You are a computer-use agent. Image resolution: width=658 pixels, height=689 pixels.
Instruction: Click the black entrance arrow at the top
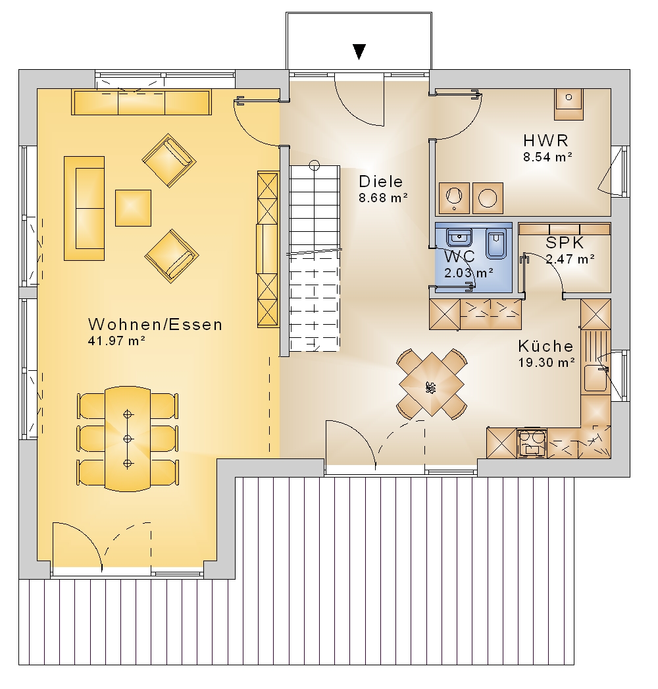[359, 52]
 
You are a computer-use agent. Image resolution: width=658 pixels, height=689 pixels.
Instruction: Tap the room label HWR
[546, 140]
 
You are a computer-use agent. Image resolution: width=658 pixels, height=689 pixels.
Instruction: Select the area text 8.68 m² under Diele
[383, 198]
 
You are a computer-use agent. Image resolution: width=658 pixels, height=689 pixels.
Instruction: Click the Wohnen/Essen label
[155, 324]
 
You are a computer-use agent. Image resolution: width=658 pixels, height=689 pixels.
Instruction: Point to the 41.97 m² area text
[116, 341]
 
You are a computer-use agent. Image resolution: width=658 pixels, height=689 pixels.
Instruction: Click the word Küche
[545, 346]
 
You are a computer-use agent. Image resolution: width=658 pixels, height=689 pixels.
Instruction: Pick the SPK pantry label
[565, 242]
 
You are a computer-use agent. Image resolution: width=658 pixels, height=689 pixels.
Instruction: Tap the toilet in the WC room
[497, 244]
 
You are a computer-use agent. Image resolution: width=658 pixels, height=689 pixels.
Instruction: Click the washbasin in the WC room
[459, 238]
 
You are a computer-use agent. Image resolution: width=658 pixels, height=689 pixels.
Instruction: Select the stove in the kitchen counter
[532, 443]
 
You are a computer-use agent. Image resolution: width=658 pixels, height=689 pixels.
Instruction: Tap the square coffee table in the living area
[133, 208]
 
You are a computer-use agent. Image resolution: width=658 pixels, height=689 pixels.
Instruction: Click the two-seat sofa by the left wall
[84, 208]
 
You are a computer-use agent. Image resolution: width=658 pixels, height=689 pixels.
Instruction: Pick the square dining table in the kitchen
[432, 384]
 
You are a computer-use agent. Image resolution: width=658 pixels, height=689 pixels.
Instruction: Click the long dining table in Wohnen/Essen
[128, 439]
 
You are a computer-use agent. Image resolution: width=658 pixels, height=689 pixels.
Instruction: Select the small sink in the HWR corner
[569, 103]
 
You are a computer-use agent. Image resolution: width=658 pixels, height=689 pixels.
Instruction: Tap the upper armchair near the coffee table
[169, 160]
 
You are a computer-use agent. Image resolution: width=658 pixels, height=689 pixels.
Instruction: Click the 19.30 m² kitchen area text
[547, 362]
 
